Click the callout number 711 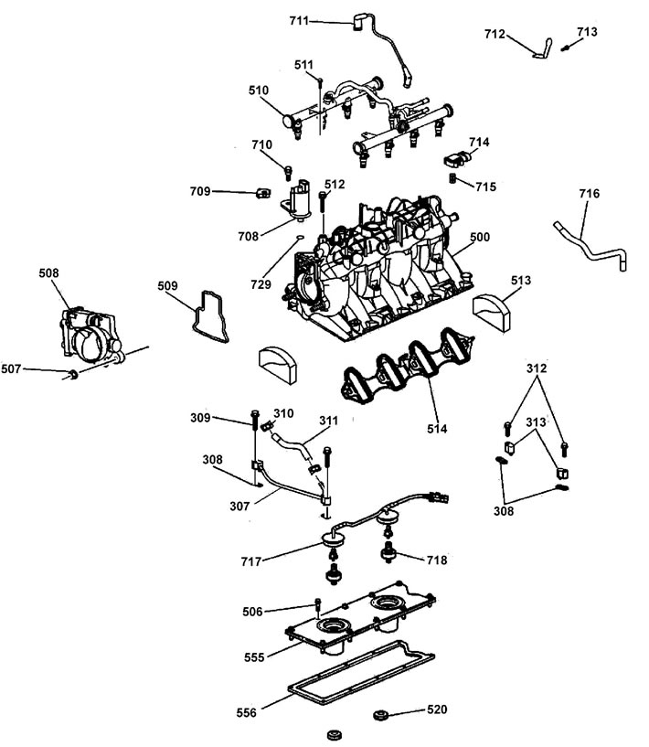point(299,21)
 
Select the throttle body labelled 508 point(91,335)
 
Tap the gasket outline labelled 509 point(210,316)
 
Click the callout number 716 point(589,194)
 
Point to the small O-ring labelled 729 point(299,237)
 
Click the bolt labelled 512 point(324,208)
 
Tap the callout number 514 point(437,428)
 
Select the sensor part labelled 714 point(456,160)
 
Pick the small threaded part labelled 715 point(453,179)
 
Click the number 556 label point(246,712)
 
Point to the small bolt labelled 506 point(318,605)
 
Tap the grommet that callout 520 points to point(380,715)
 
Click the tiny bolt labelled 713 point(565,48)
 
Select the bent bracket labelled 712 point(543,49)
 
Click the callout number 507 point(11,368)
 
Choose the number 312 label point(537,368)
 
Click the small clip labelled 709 point(262,193)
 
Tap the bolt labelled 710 point(288,173)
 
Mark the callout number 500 point(480,237)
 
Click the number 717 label point(251,561)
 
